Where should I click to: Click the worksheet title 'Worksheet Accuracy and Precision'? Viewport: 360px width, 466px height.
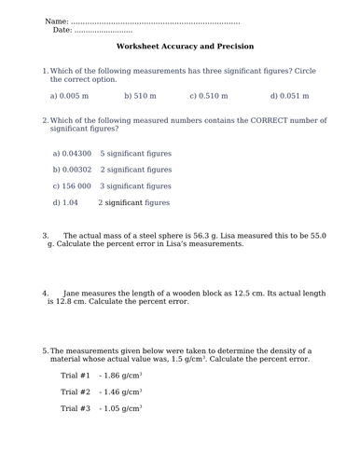185,46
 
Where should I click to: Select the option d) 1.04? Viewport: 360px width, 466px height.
65,201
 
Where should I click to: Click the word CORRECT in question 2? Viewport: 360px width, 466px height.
237,120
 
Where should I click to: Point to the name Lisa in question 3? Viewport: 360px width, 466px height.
209,236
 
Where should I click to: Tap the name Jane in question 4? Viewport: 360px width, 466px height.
72,293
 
